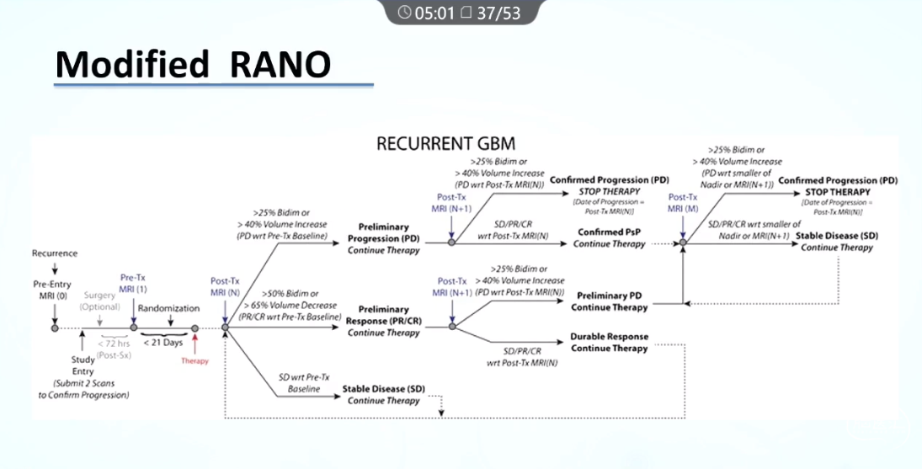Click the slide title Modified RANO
(x=193, y=65)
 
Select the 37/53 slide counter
(x=498, y=13)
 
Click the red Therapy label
(x=195, y=360)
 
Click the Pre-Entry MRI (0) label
(x=54, y=290)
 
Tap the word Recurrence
(x=55, y=253)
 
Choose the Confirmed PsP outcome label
(x=610, y=237)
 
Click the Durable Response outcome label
(x=609, y=342)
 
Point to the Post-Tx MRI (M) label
(x=682, y=203)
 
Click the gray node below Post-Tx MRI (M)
(x=683, y=242)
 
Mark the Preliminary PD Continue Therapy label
(x=609, y=301)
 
